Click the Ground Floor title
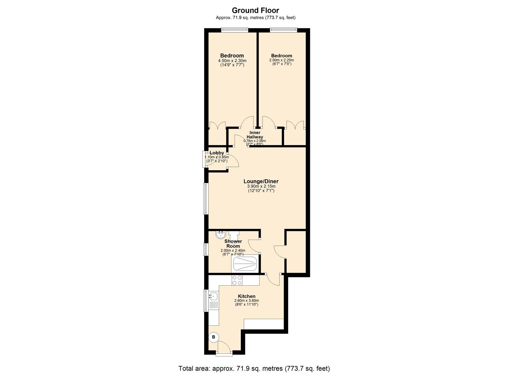[255, 10]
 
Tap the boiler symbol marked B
[213, 337]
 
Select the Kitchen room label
[247, 296]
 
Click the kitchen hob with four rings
[237, 280]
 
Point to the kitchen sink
[213, 296]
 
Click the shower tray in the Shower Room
[245, 264]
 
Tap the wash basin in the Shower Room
[219, 235]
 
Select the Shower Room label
[233, 243]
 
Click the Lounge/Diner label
[261, 181]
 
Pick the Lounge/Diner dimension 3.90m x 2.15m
[261, 186]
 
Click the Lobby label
[217, 153]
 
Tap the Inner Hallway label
[255, 135]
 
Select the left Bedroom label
[232, 56]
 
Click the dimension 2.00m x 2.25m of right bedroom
[282, 60]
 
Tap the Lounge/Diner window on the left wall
[206, 198]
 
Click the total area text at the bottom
[254, 369]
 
